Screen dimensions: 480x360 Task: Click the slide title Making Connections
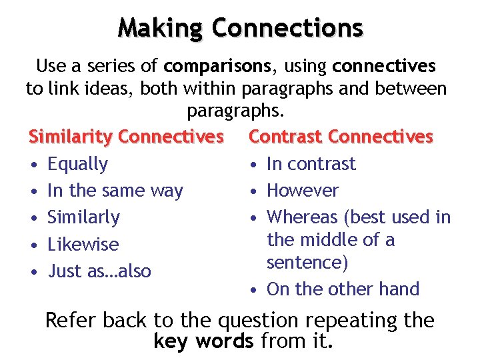pyautogui.click(x=240, y=28)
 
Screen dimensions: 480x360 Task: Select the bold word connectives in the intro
pyautogui.click(x=384, y=66)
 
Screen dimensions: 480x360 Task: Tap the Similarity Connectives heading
pyautogui.click(x=126, y=137)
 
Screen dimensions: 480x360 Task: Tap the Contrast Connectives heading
pyautogui.click(x=341, y=137)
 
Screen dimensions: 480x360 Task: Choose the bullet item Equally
pyautogui.click(x=77, y=164)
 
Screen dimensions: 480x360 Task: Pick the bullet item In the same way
pyautogui.click(x=115, y=191)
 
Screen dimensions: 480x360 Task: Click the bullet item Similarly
pyautogui.click(x=84, y=217)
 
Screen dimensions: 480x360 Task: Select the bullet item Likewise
pyautogui.click(x=83, y=245)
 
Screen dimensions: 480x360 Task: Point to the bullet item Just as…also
pyautogui.click(x=99, y=271)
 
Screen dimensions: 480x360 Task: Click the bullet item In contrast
pyautogui.click(x=311, y=164)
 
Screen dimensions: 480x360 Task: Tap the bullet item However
pyautogui.click(x=303, y=191)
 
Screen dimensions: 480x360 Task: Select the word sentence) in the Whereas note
pyautogui.click(x=307, y=263)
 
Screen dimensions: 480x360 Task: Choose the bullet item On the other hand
pyautogui.click(x=343, y=289)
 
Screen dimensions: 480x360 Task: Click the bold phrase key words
pyautogui.click(x=203, y=342)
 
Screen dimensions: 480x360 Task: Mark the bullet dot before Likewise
pyautogui.click(x=34, y=245)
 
